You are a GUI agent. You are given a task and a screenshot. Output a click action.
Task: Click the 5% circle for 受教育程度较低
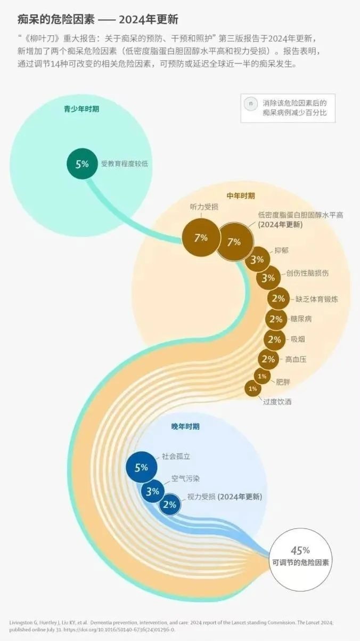[x=82, y=164]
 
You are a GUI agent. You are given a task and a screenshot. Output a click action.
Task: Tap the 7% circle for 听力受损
[x=201, y=238]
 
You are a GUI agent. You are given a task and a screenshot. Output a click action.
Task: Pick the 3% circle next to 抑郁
[x=258, y=259]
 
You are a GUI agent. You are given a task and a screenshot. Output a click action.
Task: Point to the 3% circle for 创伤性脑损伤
[x=268, y=278]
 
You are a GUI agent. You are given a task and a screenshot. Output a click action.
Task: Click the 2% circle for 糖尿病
[x=276, y=319]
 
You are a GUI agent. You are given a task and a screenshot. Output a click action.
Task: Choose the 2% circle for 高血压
[x=268, y=359]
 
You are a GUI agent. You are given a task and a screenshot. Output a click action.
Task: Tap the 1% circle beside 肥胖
[x=262, y=376]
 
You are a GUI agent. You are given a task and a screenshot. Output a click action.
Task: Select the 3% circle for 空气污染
[x=153, y=491]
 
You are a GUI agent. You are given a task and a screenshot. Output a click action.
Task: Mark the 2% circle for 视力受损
[x=170, y=505]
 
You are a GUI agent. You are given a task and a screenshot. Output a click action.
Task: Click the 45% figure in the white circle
[x=300, y=550]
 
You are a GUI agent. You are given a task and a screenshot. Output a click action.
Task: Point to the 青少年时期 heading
[x=81, y=109]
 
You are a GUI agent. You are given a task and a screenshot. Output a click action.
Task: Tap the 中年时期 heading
[x=241, y=196]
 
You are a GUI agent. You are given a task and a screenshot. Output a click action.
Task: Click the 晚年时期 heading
[x=185, y=426]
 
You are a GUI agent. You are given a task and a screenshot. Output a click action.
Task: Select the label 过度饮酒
[x=277, y=402]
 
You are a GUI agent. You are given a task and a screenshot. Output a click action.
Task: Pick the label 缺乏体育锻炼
[x=317, y=299]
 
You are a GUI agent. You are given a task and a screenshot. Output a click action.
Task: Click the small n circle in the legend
[x=251, y=103]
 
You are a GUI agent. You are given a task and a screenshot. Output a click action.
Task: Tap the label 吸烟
[x=298, y=339]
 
